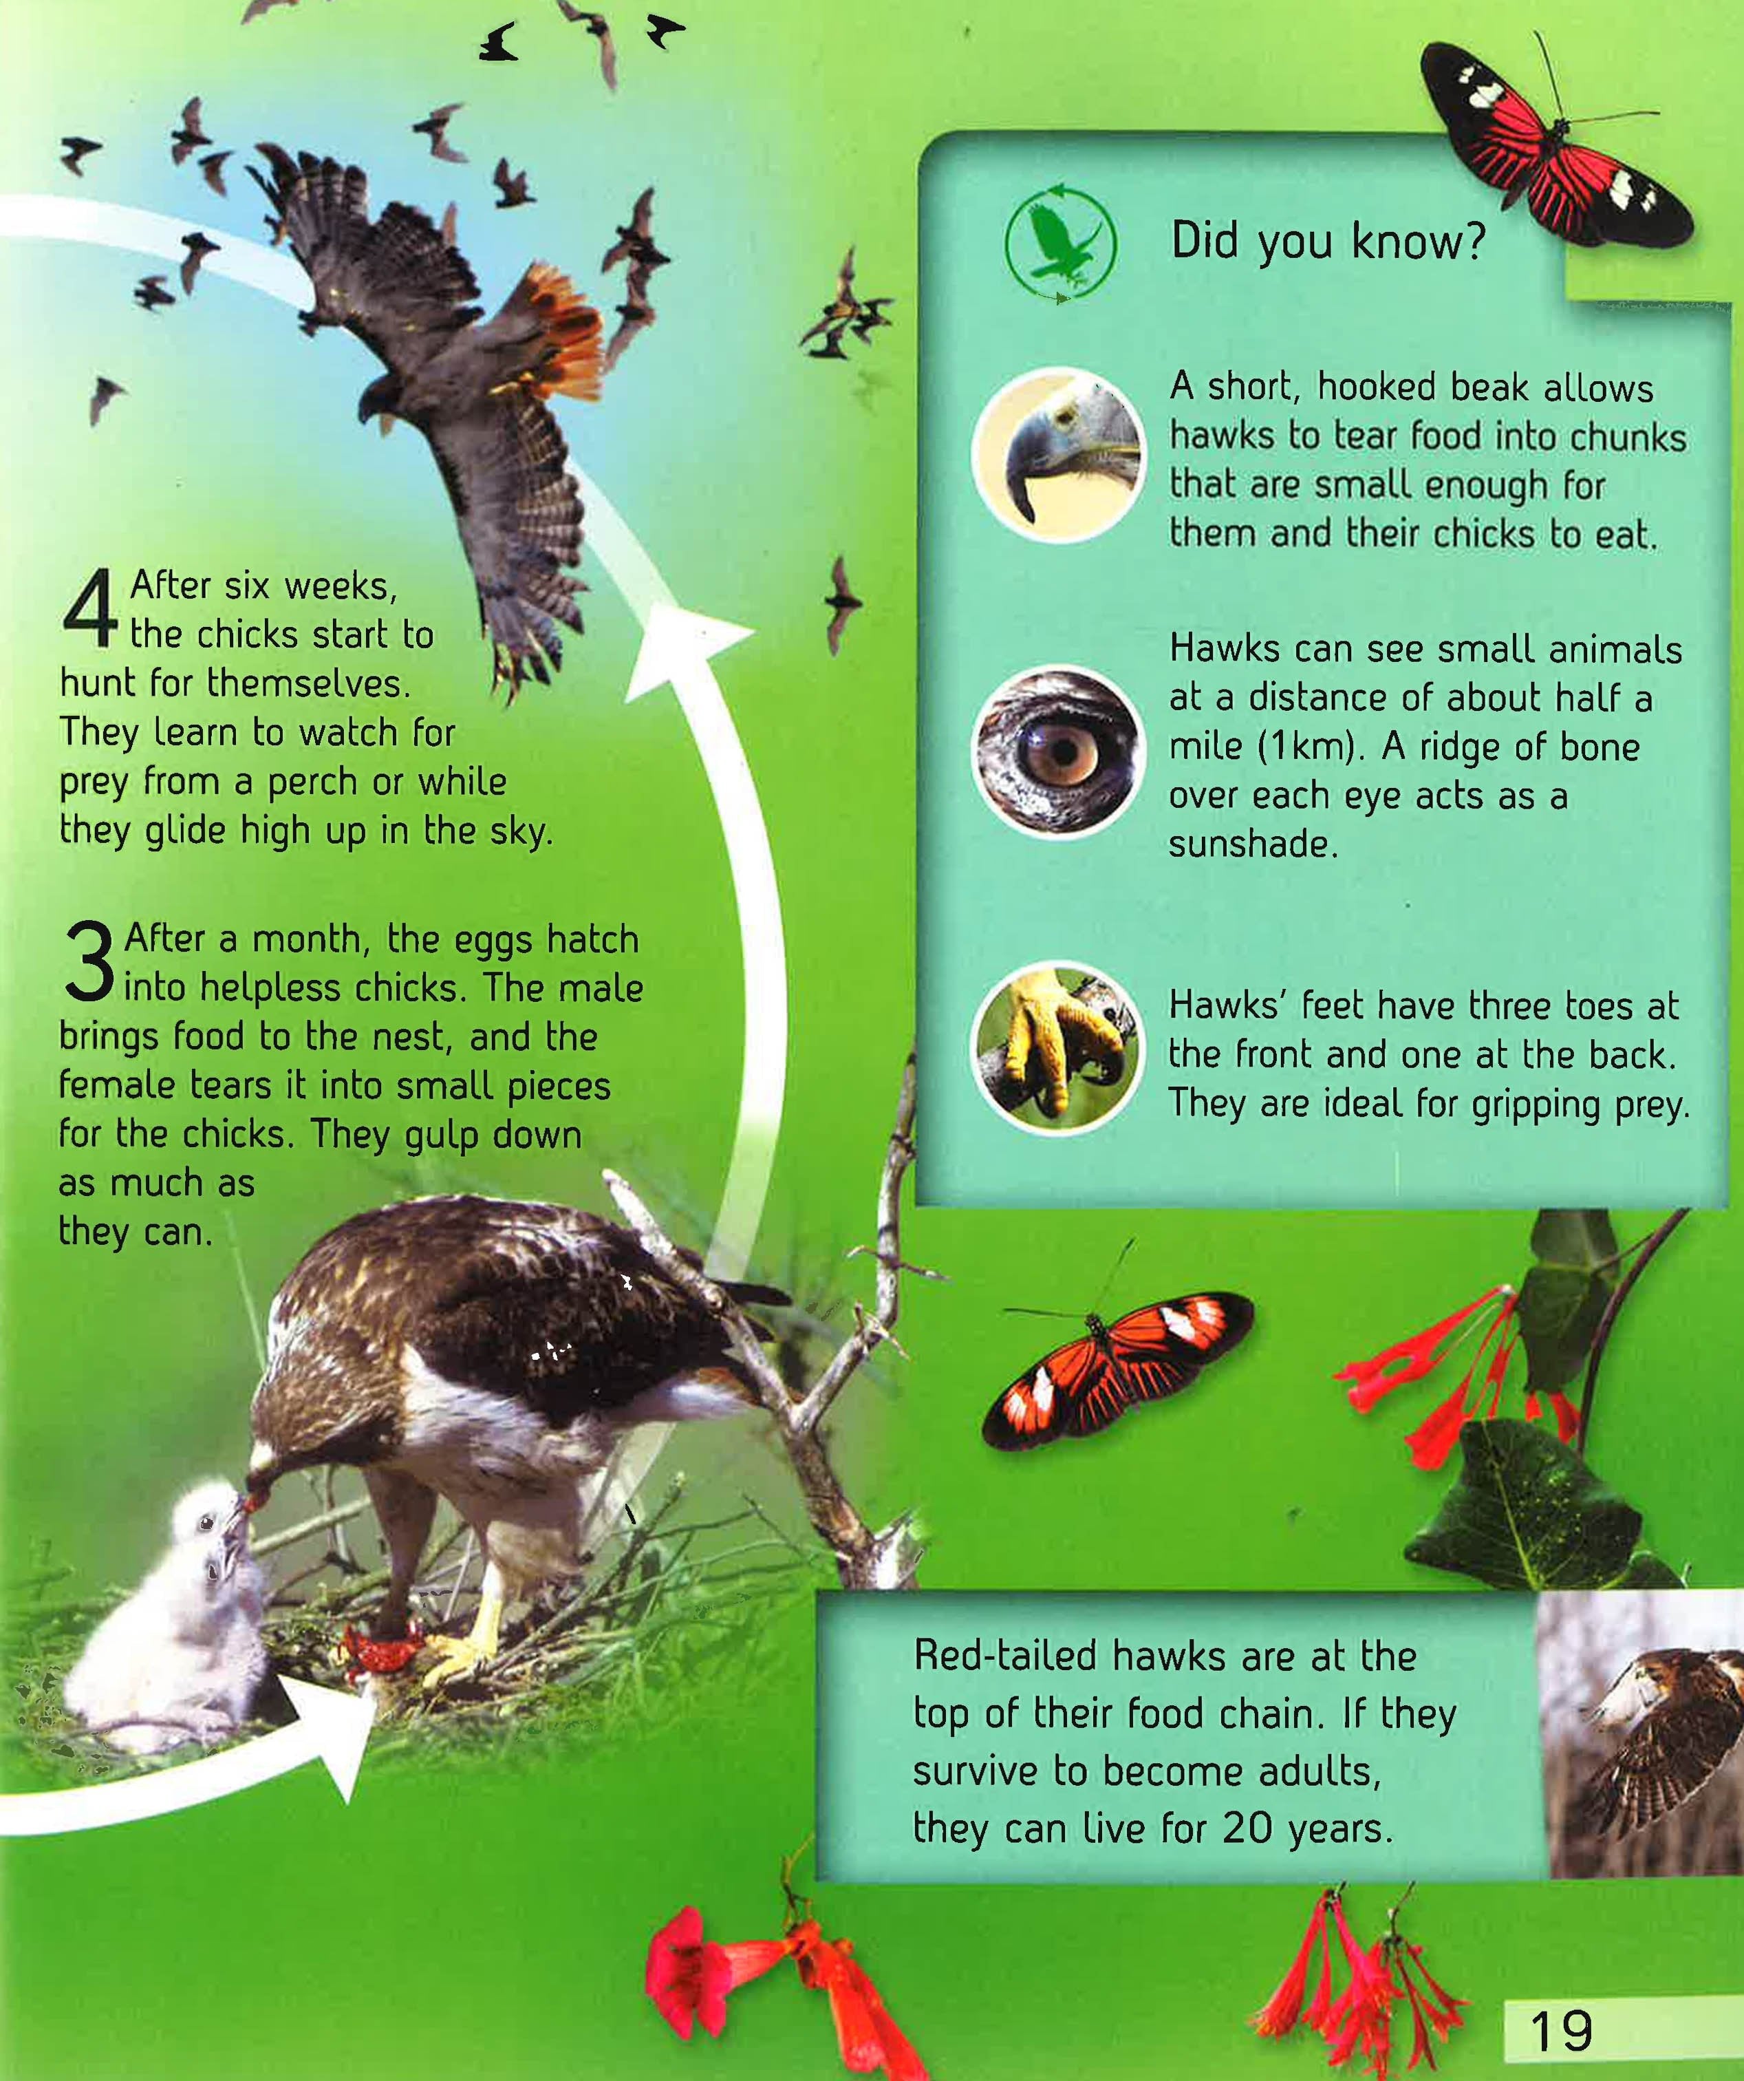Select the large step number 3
(x=89, y=959)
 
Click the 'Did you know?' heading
(x=1328, y=241)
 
